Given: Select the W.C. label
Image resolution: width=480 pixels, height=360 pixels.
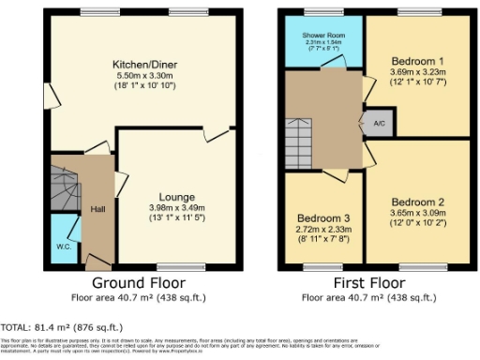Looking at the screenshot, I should click(64, 247).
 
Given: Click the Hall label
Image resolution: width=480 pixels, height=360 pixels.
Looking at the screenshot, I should click(97, 209).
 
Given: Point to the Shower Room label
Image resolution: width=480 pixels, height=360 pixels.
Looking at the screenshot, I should click(324, 36).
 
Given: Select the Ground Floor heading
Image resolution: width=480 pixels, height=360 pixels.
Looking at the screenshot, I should click(138, 282).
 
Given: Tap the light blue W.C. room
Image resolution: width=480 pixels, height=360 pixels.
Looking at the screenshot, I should click(64, 234).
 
